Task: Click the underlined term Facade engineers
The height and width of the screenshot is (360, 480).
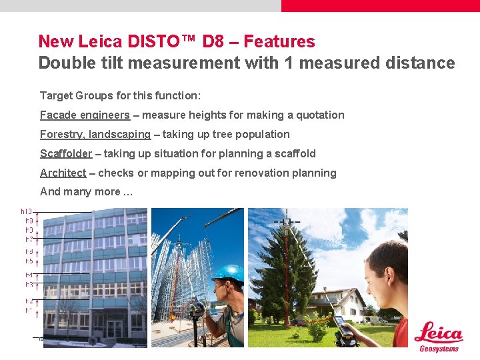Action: coord(85,115)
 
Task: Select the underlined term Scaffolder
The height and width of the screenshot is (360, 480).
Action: coord(66,153)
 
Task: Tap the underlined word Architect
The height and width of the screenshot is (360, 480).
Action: coord(63,173)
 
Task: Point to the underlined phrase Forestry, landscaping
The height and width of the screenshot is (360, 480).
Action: coord(95,134)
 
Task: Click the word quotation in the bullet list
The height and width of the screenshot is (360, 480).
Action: coord(319,115)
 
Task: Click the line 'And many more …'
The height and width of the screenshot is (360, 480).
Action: coord(87,192)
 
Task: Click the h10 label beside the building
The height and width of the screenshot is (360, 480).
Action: coord(27,211)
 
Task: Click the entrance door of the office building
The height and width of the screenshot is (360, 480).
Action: coord(115,329)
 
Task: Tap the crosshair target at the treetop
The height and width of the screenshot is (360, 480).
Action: coord(287,221)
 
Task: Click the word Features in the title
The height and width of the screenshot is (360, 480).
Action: coord(279,41)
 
